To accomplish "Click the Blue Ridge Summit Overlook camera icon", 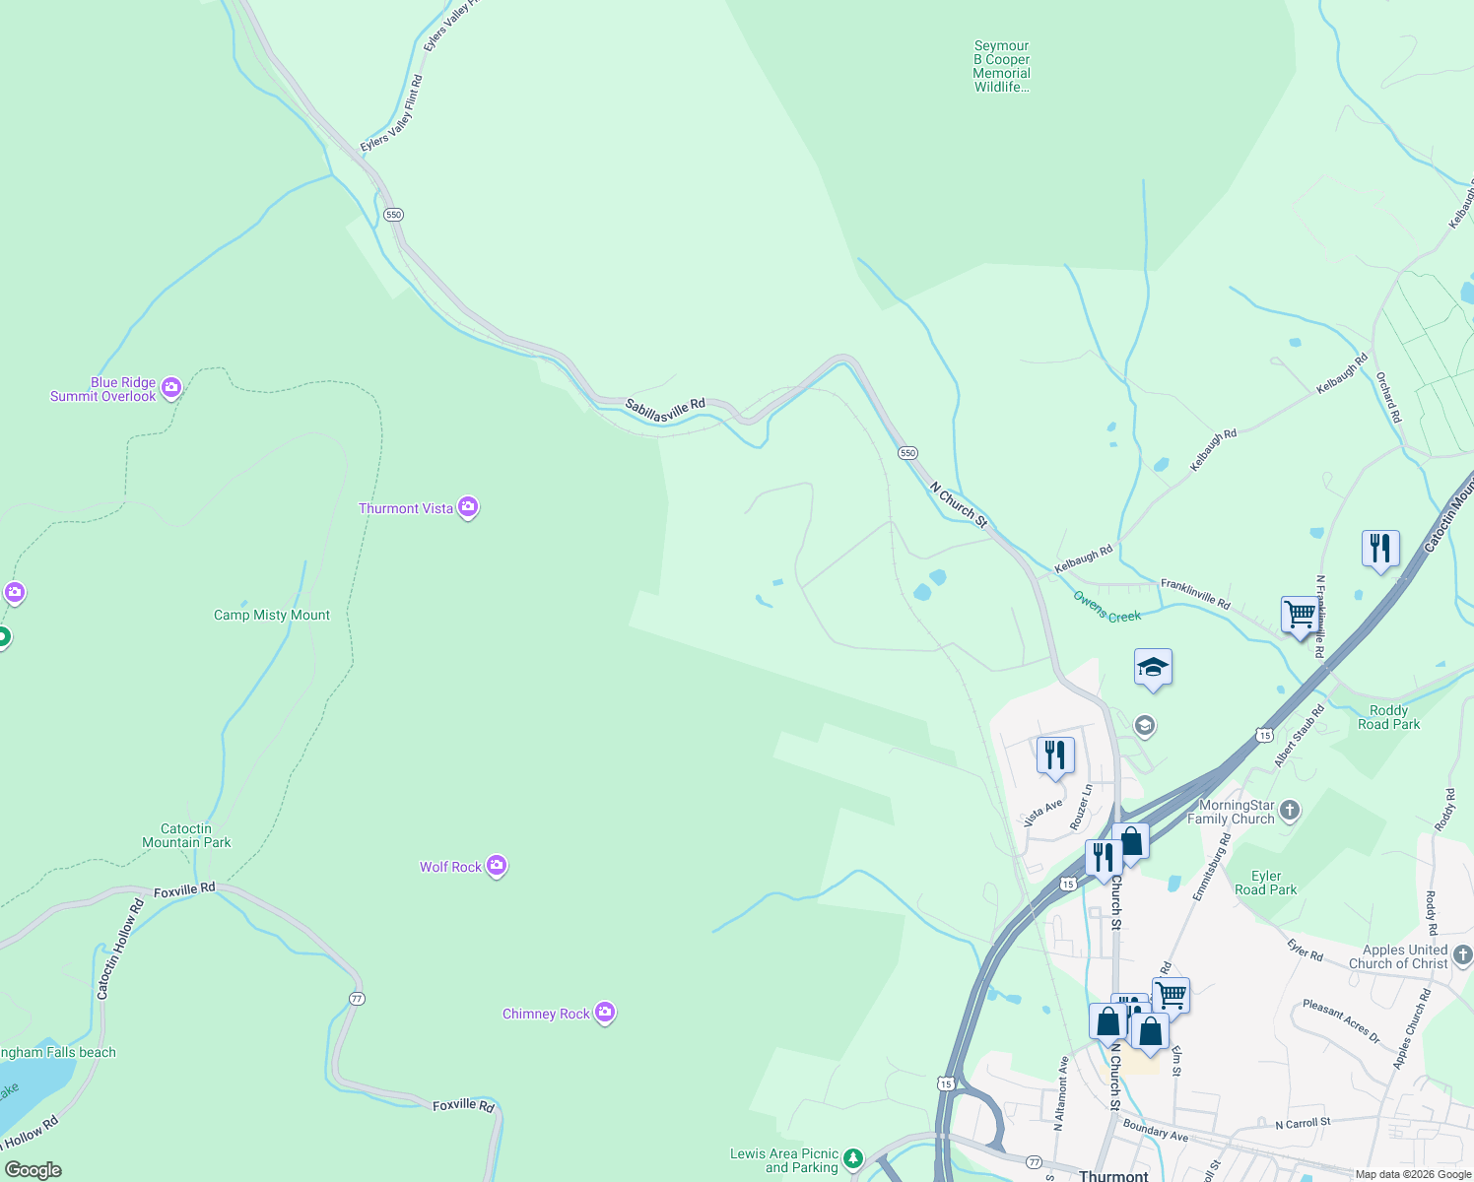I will tap(171, 388).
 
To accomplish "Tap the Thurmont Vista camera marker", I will tap(468, 507).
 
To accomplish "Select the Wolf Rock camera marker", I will tap(497, 866).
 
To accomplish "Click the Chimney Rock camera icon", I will tap(605, 1013).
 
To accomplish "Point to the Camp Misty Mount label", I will tap(272, 615).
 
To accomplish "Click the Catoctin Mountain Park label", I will tap(186, 835).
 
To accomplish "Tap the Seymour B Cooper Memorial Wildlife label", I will tap(1001, 66).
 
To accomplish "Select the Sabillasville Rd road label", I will tap(665, 410).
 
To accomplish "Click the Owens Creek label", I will tap(1106, 607).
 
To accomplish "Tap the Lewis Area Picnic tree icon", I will tap(853, 1158).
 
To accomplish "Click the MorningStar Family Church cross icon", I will tap(1290, 811).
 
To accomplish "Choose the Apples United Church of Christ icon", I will tap(1463, 953).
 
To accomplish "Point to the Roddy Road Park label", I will tap(1388, 717).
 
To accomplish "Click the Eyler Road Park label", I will tap(1266, 883).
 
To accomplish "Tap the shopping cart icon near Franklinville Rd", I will tap(1300, 614).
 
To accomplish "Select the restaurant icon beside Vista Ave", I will tap(1055, 755).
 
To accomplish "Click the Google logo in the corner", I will tap(33, 1169).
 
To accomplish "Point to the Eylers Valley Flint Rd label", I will tap(391, 113).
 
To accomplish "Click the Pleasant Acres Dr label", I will tap(1341, 1021).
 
